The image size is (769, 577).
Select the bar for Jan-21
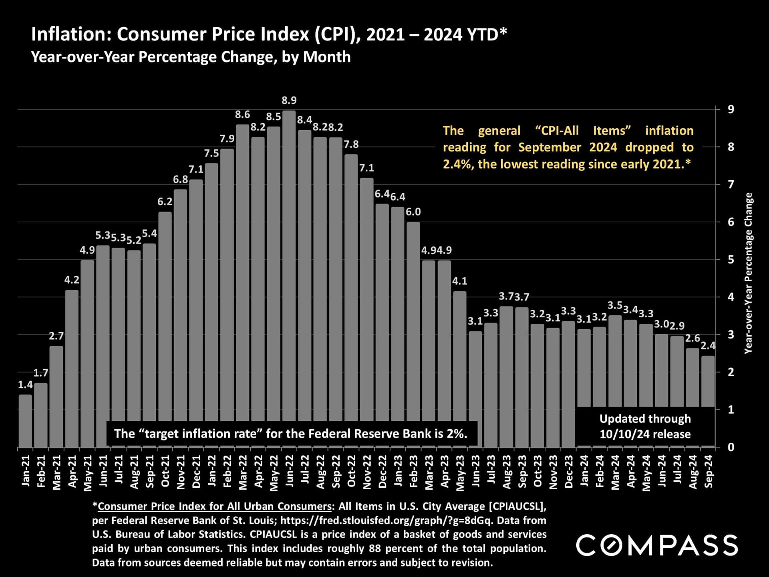tap(25, 421)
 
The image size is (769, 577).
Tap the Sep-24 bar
tap(708, 381)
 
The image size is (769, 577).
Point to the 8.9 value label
tap(289, 100)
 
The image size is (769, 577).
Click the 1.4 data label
tap(25, 385)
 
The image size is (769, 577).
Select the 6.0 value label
tap(413, 212)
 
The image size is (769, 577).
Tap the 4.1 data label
tap(460, 281)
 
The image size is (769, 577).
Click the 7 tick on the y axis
tap(731, 184)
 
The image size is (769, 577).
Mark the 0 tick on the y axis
tap(731, 447)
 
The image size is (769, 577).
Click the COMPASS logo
tap(657, 545)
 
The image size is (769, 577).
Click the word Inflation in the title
tap(70, 34)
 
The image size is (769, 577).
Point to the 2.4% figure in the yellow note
tap(457, 164)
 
